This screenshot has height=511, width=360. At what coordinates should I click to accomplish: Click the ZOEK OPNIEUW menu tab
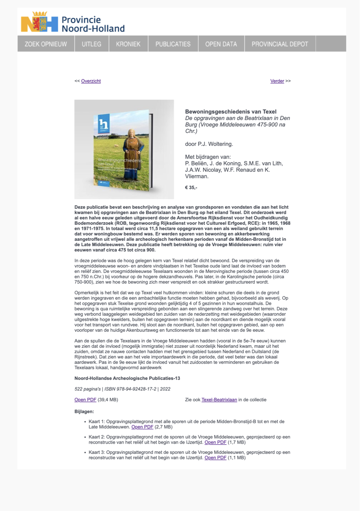tap(46, 44)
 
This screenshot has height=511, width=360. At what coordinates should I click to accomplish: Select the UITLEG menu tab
tap(91, 44)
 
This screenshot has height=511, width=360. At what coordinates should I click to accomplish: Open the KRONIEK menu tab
tap(128, 44)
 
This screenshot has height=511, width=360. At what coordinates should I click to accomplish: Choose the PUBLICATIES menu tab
tap(173, 44)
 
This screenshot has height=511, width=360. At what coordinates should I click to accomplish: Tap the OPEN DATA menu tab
tap(221, 44)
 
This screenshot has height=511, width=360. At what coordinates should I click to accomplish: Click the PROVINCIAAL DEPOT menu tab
tap(280, 44)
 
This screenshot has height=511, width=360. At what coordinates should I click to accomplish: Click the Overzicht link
tap(91, 81)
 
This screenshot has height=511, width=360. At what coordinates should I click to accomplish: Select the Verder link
tap(277, 81)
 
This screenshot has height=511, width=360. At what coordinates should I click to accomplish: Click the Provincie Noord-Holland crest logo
tap(40, 23)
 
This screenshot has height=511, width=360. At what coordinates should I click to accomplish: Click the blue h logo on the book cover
tap(104, 124)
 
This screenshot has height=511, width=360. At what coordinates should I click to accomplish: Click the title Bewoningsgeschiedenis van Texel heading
tap(231, 111)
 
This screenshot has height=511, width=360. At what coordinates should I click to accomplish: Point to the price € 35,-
tap(191, 188)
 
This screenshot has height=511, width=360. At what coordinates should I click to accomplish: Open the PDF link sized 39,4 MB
tap(85, 400)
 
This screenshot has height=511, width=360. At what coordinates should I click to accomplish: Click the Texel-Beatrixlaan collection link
tap(219, 400)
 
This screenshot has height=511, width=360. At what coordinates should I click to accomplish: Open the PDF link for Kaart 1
tap(142, 427)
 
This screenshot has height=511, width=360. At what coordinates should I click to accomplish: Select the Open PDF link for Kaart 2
tap(215, 442)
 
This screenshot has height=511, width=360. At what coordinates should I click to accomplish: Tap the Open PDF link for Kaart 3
tap(215, 457)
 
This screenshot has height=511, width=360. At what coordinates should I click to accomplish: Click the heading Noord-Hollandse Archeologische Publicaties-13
tap(127, 378)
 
